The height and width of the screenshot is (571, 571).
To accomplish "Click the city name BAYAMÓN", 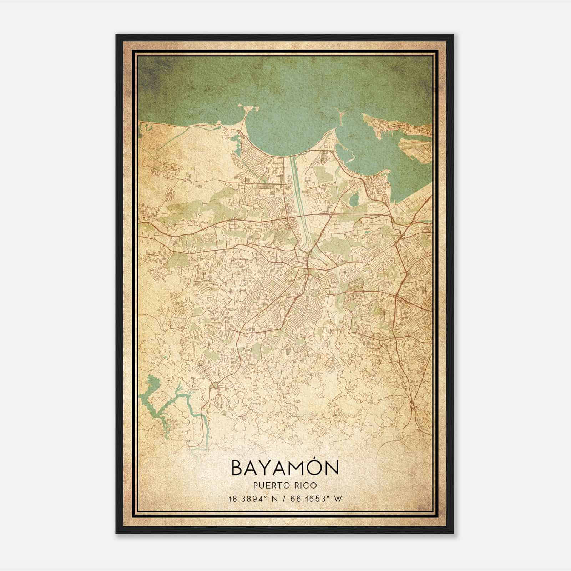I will coord(284,468).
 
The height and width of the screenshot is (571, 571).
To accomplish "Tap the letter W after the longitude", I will coord(338,499).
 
